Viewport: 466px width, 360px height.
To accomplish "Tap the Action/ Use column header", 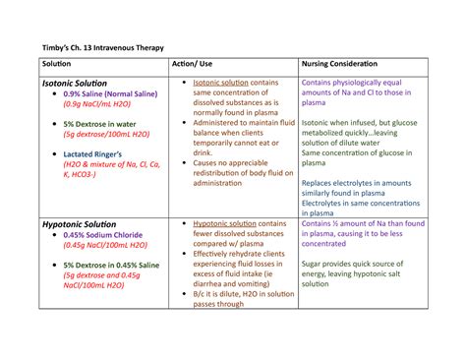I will click(197, 66).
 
